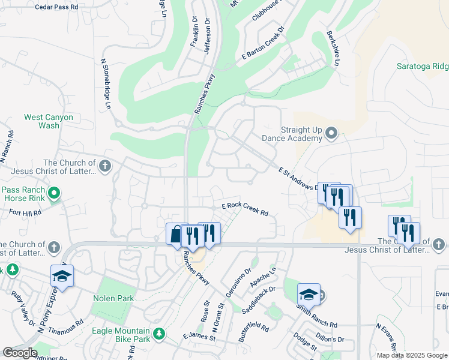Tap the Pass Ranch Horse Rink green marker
click(x=54, y=193)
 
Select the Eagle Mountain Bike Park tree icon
click(x=159, y=333)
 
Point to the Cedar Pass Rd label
click(x=57, y=7)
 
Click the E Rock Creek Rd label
click(x=244, y=209)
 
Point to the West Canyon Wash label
click(x=49, y=121)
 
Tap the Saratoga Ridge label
click(x=423, y=66)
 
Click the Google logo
click(x=20, y=353)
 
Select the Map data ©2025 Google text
click(x=412, y=355)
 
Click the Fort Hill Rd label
click(x=25, y=212)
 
